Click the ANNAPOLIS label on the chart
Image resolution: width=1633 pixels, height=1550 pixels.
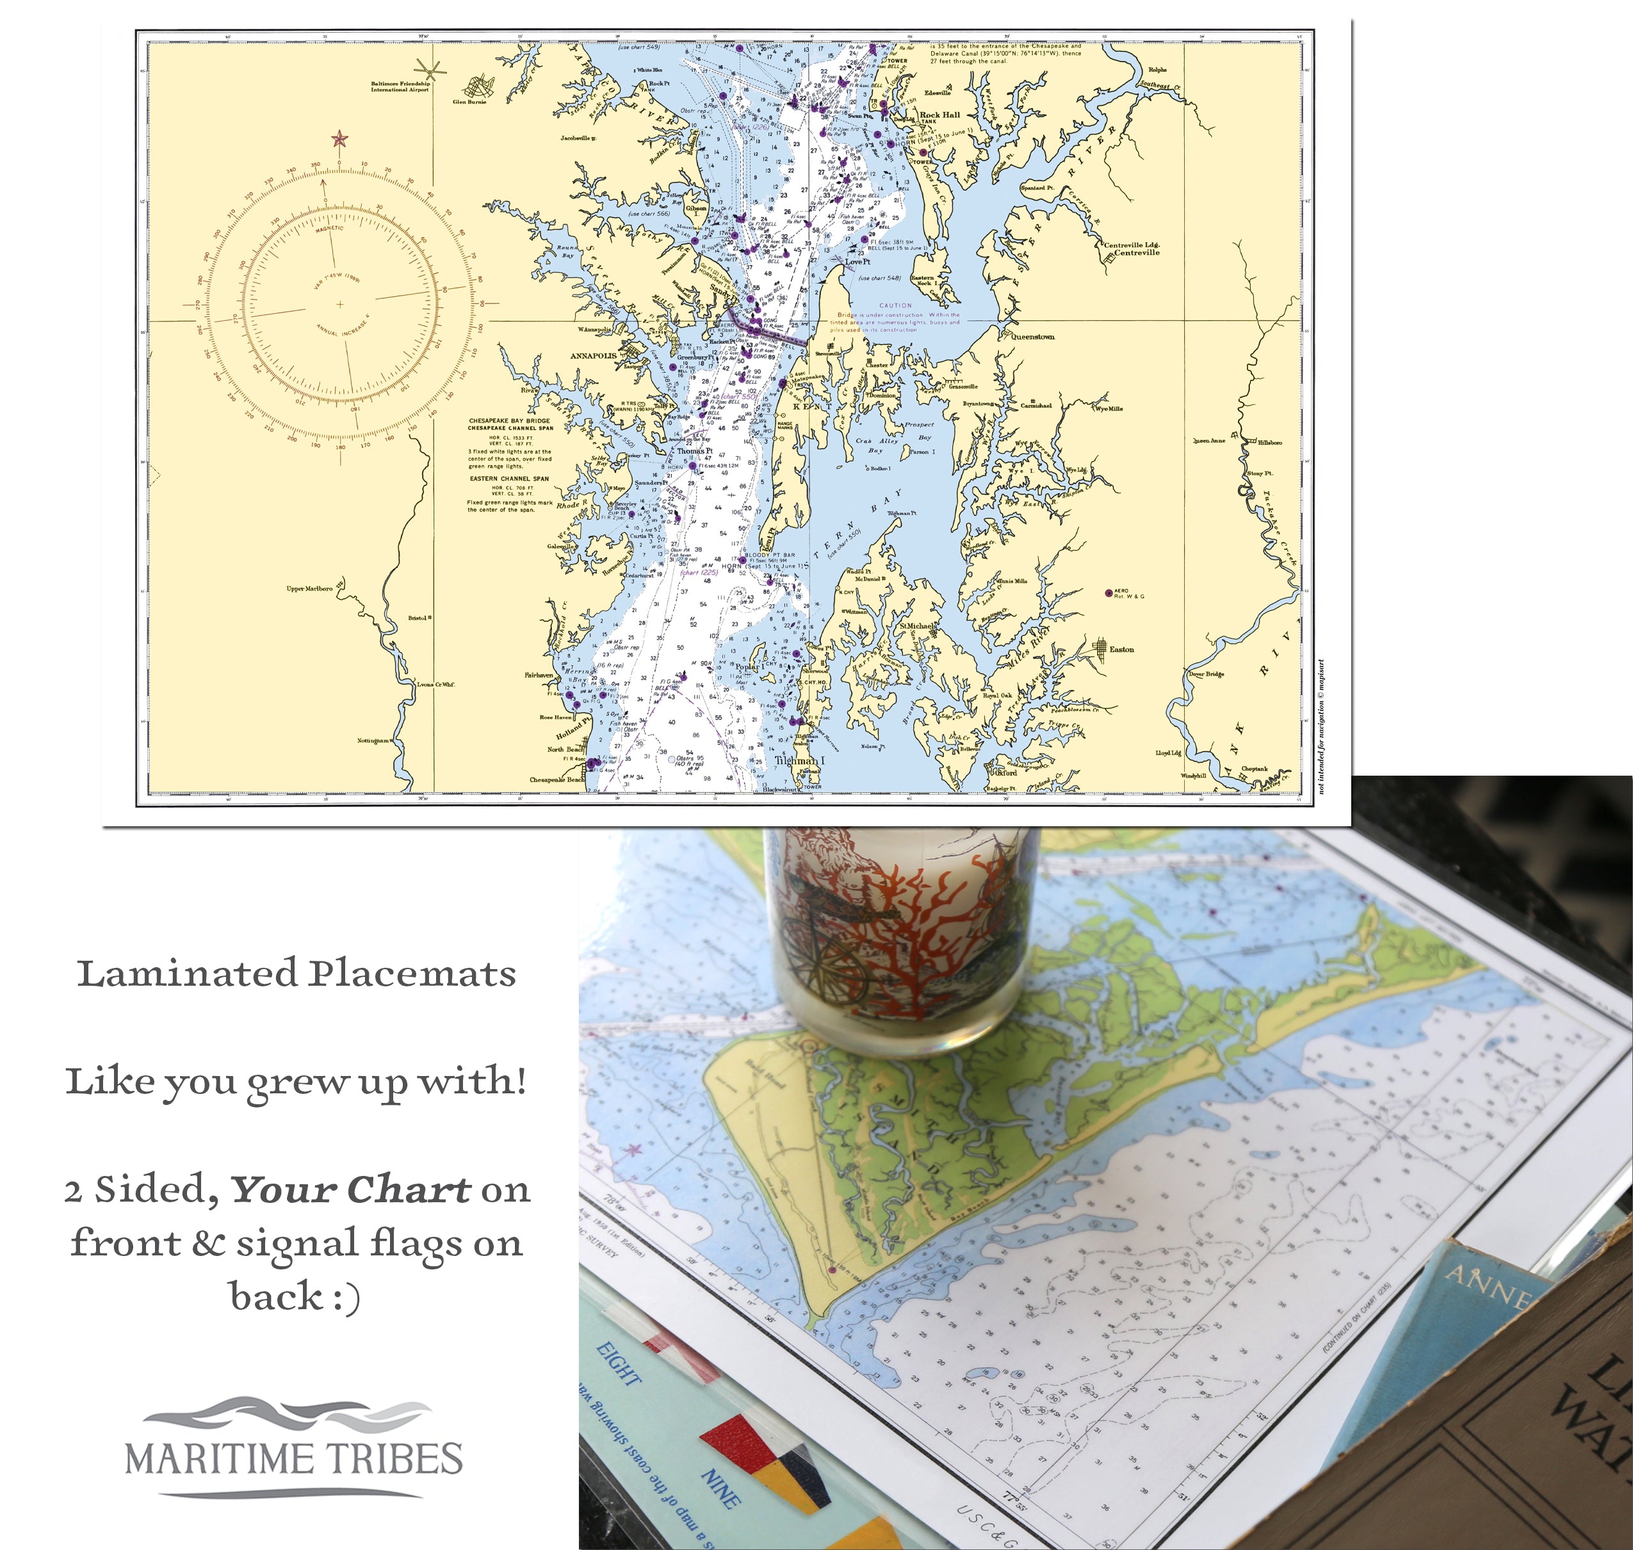tap(593, 356)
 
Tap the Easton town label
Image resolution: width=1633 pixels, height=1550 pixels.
tap(1121, 649)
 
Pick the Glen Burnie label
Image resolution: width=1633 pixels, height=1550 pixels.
tap(469, 102)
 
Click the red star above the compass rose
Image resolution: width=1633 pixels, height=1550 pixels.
tap(339, 139)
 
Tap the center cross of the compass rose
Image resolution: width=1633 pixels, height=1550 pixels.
tap(339, 304)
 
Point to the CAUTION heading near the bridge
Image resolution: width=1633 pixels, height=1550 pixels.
tap(895, 306)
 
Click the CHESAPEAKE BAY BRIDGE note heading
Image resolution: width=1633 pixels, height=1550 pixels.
tap(510, 421)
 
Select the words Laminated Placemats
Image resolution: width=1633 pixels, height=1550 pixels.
tap(297, 974)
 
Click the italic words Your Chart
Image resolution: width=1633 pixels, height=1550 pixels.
tap(350, 1190)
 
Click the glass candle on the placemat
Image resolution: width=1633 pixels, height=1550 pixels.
tap(900, 934)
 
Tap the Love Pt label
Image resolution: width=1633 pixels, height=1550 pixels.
tap(857, 262)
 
